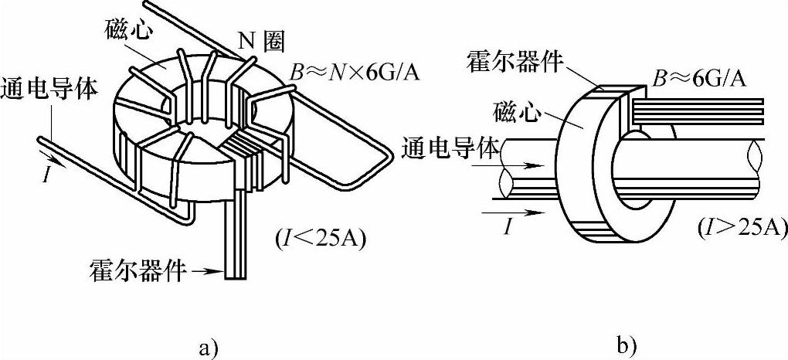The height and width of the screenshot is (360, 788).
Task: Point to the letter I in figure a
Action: (x=49, y=175)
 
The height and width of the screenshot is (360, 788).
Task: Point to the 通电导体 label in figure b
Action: (x=450, y=148)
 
